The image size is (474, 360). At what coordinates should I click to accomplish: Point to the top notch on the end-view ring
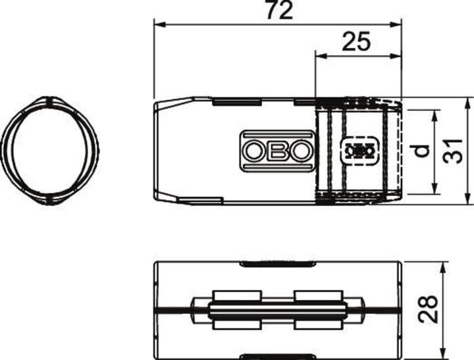pyautogui.click(x=50, y=101)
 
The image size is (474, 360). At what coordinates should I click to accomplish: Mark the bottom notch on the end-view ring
pyautogui.click(x=50, y=199)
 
